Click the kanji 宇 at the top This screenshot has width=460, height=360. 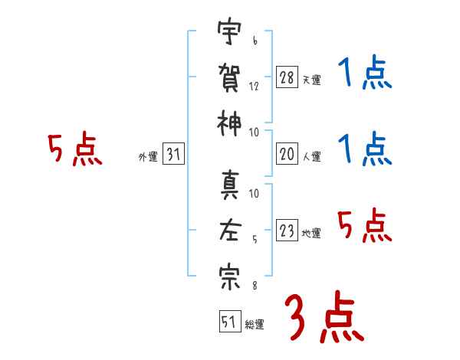[x=229, y=31]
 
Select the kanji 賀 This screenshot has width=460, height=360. [x=229, y=77]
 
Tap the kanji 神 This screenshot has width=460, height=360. [x=229, y=123]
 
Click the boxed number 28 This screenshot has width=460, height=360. [x=287, y=77]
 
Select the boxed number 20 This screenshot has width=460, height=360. [x=287, y=154]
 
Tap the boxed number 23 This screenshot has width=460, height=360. [x=287, y=230]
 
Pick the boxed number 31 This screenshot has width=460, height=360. [x=173, y=154]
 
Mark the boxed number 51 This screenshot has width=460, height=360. [x=230, y=322]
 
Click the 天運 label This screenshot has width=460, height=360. [x=312, y=80]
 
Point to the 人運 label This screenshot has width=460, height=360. [x=312, y=156]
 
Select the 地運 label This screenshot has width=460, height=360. [x=311, y=234]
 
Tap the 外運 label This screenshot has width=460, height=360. [x=148, y=156]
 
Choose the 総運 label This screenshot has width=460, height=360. [x=255, y=325]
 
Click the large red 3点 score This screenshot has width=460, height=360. [x=324, y=317]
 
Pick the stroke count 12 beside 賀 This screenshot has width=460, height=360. [x=254, y=87]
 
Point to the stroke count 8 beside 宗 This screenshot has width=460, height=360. [x=255, y=285]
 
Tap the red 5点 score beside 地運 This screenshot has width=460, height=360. [x=364, y=225]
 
